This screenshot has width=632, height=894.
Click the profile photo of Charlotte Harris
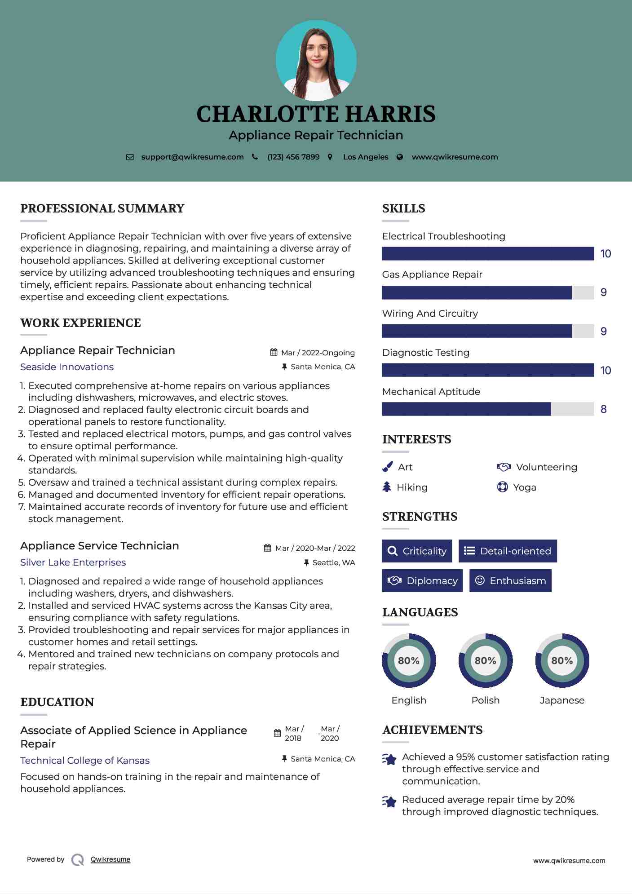316,61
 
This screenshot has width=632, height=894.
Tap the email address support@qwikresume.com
192,157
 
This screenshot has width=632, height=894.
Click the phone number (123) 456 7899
293,157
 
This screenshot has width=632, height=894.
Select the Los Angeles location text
366,157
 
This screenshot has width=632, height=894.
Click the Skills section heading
403,208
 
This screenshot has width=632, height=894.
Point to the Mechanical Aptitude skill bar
487,409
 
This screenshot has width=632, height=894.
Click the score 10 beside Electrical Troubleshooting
605,254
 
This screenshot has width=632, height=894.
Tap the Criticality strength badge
417,551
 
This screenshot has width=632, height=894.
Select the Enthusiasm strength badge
510,580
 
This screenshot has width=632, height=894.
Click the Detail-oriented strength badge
508,551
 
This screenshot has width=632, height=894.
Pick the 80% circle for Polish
485,660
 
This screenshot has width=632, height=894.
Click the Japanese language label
562,700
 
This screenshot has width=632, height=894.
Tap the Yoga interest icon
502,487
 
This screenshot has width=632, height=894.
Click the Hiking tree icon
387,487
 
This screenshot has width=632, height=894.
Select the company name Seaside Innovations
67,367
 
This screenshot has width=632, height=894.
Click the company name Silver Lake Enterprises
73,562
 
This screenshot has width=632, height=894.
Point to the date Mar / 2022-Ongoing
318,353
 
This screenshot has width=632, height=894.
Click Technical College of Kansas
85,760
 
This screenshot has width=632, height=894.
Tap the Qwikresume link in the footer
110,859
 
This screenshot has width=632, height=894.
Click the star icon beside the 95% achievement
389,759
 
